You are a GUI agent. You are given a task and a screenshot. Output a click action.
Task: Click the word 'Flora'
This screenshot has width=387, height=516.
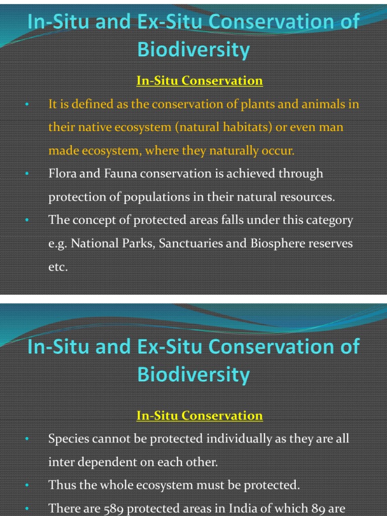61,174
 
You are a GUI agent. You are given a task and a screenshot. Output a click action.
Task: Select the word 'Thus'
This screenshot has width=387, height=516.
60,485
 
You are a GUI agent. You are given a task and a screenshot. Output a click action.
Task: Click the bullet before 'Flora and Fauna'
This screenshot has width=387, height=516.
27,174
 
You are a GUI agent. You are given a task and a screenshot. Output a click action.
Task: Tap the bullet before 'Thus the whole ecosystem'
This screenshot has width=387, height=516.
27,486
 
